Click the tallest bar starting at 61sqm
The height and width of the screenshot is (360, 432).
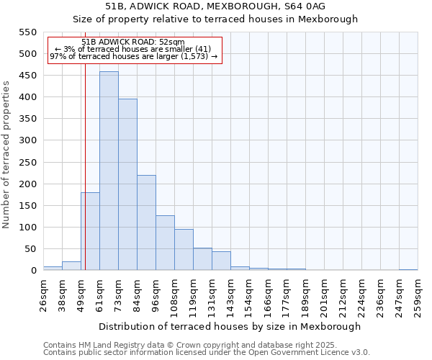pyautogui.click(x=109, y=171)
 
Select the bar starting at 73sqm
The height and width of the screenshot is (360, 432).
pyautogui.click(x=127, y=185)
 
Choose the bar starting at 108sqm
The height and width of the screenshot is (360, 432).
pyautogui.click(x=184, y=250)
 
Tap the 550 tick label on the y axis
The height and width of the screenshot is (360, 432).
pyautogui.click(x=27, y=32)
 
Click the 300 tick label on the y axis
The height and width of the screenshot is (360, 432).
pyautogui.click(x=27, y=140)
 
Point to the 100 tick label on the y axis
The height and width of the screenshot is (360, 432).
pyautogui.click(x=27, y=228)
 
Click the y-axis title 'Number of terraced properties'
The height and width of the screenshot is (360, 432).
pyautogui.click(x=6, y=154)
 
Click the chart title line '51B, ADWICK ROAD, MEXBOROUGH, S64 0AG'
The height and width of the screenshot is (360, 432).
pyautogui.click(x=215, y=6)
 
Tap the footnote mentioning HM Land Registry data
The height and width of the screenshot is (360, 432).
pyautogui.click(x=189, y=345)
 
